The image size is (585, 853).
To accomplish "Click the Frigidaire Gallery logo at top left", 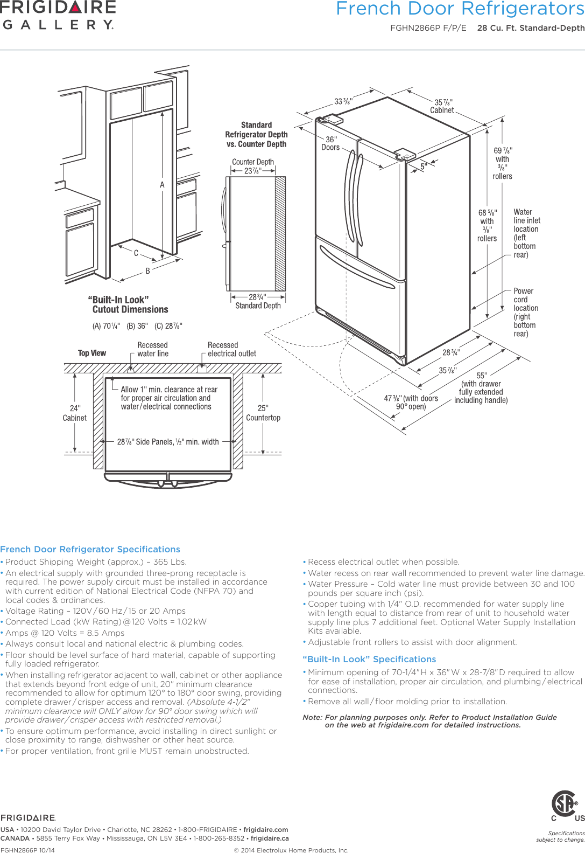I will coord(58,15).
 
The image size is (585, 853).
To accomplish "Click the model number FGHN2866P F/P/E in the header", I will coord(428,28).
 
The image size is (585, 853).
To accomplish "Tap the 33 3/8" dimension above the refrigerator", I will coord(343,101).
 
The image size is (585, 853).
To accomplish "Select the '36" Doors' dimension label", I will coord(330,143).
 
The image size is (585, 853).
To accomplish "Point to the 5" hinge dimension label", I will coord(424,167).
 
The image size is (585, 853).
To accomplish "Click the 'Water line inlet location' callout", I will coord(526,233).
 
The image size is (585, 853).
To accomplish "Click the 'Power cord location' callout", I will coord(525,312).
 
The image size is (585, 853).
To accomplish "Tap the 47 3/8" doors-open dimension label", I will coord(411,402).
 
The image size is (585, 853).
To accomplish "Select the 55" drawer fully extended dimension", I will coord(481,388).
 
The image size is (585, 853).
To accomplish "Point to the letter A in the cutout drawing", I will coord(162,185).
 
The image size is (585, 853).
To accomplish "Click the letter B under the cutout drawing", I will coord(148,271).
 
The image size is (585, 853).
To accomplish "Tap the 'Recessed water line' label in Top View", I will coord(152,349).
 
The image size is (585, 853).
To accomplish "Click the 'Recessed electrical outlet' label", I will coord(231,349).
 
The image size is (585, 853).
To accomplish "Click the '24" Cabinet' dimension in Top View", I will coord(75,413).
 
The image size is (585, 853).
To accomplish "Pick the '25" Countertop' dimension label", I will coord(263,413).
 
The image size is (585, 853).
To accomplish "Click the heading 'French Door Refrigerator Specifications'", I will coord(90,549).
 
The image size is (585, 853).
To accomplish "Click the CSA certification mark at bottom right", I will coord(564,805).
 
